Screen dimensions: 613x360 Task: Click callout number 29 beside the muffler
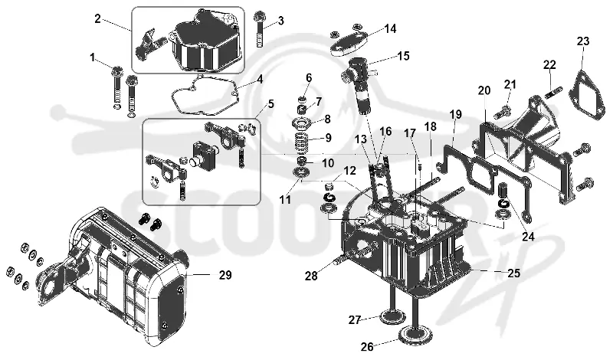coord(225,275)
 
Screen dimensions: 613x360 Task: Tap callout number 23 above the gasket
coord(583,41)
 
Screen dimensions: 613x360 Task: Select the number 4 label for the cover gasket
coord(260,80)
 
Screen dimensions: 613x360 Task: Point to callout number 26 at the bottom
coord(367,346)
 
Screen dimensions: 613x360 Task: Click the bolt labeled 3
coord(260,29)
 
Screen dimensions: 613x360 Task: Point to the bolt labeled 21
coord(503,111)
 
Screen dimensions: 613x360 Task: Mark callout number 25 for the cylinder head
coord(513,273)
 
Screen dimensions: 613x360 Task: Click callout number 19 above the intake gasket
coord(455,115)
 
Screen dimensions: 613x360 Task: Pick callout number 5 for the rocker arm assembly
coord(271,104)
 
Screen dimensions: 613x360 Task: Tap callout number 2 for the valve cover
coord(97,18)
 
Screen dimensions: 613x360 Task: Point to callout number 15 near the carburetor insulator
coord(404,56)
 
